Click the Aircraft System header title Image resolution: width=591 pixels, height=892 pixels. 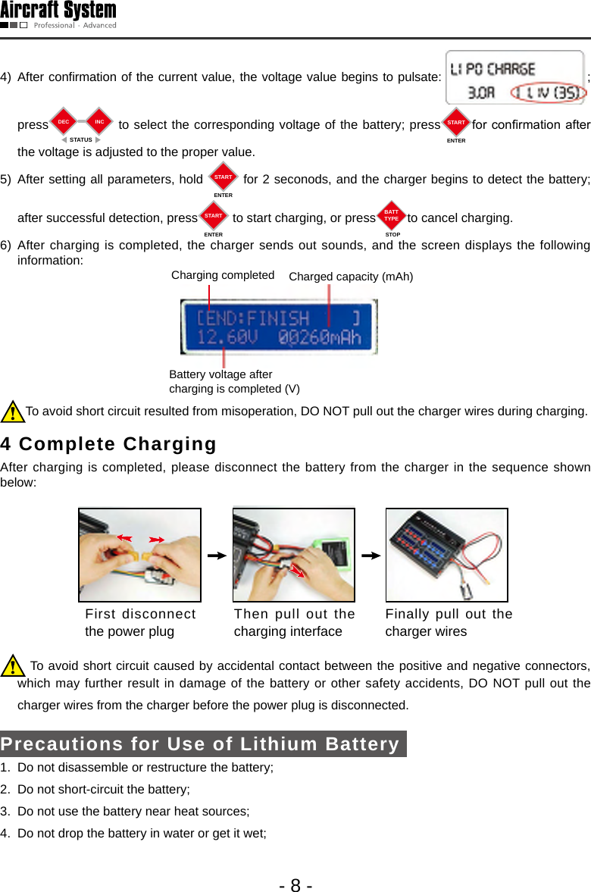pyautogui.click(x=58, y=11)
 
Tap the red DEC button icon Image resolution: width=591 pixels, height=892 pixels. pyautogui.click(x=64, y=122)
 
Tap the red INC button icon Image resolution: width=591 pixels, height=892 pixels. pyautogui.click(x=99, y=122)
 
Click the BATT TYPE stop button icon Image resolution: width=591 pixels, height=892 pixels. pyautogui.click(x=391, y=217)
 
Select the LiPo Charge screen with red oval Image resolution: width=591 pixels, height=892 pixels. pyautogui.click(x=514, y=77)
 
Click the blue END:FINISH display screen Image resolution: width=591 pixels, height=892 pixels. pyautogui.click(x=278, y=327)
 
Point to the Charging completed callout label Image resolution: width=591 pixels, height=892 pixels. pyautogui.click(x=223, y=275)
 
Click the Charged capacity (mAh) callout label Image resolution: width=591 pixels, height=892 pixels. pyautogui.click(x=351, y=277)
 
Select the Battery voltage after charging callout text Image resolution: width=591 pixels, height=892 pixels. pyautogui.click(x=234, y=381)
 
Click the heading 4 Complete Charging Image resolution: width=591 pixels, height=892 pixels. pyautogui.click(x=108, y=443)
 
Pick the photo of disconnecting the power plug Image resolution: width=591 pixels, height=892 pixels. pyautogui.click(x=139, y=555)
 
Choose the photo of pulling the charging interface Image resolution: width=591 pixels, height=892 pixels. pyautogui.click(x=294, y=555)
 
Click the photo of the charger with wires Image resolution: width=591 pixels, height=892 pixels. pyautogui.click(x=446, y=555)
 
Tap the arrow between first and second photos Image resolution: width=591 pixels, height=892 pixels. pyautogui.click(x=217, y=556)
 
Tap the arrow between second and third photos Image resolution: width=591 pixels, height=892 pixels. pyautogui.click(x=371, y=556)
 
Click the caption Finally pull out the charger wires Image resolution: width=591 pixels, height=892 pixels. pyautogui.click(x=449, y=622)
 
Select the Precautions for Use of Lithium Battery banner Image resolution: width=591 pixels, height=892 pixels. pyautogui.click(x=202, y=743)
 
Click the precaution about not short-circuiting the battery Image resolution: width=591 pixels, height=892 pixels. pyautogui.click(x=103, y=789)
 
